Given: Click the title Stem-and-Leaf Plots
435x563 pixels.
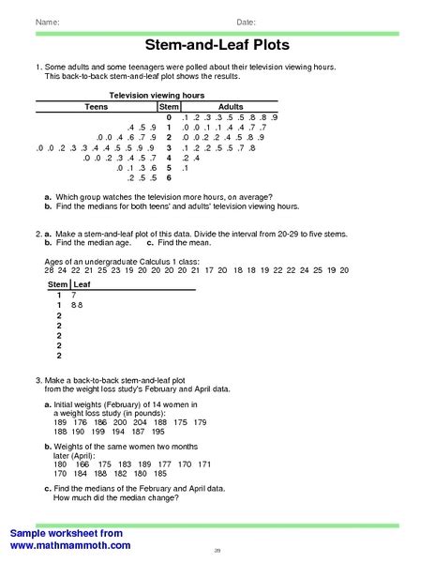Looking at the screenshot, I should (x=217, y=45).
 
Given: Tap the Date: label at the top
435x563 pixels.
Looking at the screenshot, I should (x=246, y=21).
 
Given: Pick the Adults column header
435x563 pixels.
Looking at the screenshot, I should (x=231, y=107).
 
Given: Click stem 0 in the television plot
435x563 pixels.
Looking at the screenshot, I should (x=169, y=116).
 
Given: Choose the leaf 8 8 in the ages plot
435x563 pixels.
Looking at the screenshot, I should (x=77, y=306).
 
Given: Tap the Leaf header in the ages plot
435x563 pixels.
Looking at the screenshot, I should (x=82, y=283).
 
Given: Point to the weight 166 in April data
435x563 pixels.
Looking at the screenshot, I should (x=84, y=464).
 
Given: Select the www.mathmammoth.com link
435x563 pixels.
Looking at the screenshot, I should (x=69, y=544).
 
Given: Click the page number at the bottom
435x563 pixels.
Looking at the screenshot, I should (x=217, y=550).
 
